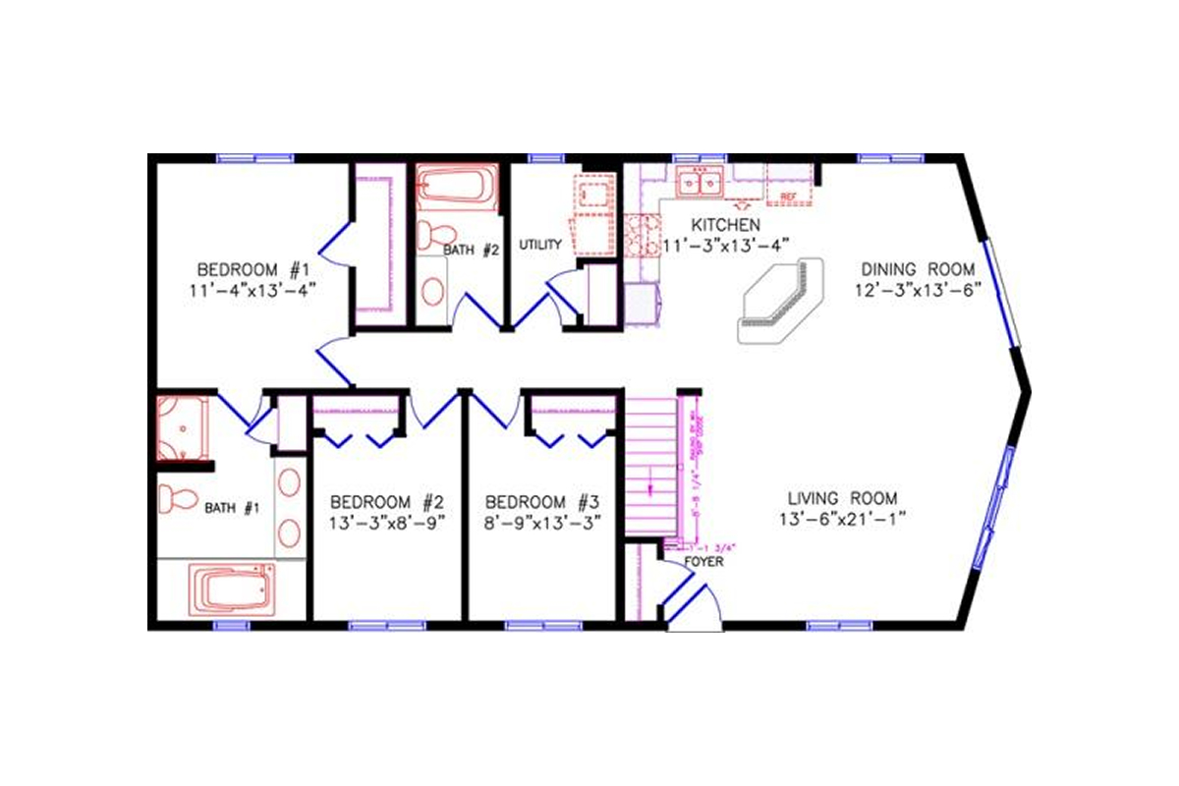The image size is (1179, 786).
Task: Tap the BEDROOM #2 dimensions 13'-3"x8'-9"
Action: pyautogui.click(x=387, y=522)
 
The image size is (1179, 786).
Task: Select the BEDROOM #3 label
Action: pyautogui.click(x=542, y=500)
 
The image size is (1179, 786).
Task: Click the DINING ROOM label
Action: pyautogui.click(x=918, y=269)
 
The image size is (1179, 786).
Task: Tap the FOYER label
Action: pyautogui.click(x=702, y=562)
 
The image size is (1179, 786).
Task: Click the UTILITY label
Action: pyautogui.click(x=540, y=245)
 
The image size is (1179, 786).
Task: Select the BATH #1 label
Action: pyautogui.click(x=231, y=508)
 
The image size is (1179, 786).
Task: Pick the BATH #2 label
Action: pyautogui.click(x=472, y=251)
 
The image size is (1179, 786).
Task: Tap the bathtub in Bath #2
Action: pyautogui.click(x=457, y=187)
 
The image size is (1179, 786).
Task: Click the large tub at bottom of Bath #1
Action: pyautogui.click(x=234, y=589)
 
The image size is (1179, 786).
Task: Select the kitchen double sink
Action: pyautogui.click(x=701, y=183)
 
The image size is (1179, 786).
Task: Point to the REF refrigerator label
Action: pyautogui.click(x=787, y=197)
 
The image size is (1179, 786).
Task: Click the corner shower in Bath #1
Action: pyautogui.click(x=183, y=427)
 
